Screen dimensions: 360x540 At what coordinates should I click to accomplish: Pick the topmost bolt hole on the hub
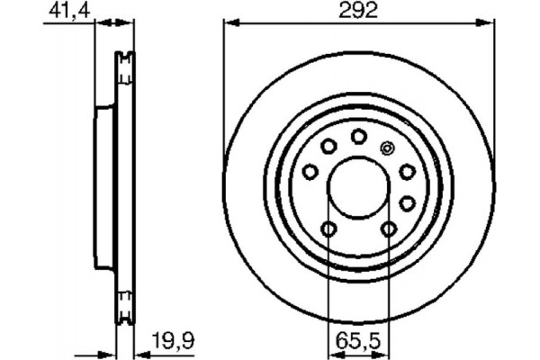[x=358, y=136]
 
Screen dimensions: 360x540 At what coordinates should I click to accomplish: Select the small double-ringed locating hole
[x=388, y=148]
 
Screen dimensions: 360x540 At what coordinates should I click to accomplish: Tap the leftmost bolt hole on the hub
[x=310, y=171]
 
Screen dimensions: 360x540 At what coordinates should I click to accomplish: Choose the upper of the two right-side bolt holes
[x=407, y=171]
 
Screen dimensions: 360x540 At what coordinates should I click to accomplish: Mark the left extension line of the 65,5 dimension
[x=328, y=288]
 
